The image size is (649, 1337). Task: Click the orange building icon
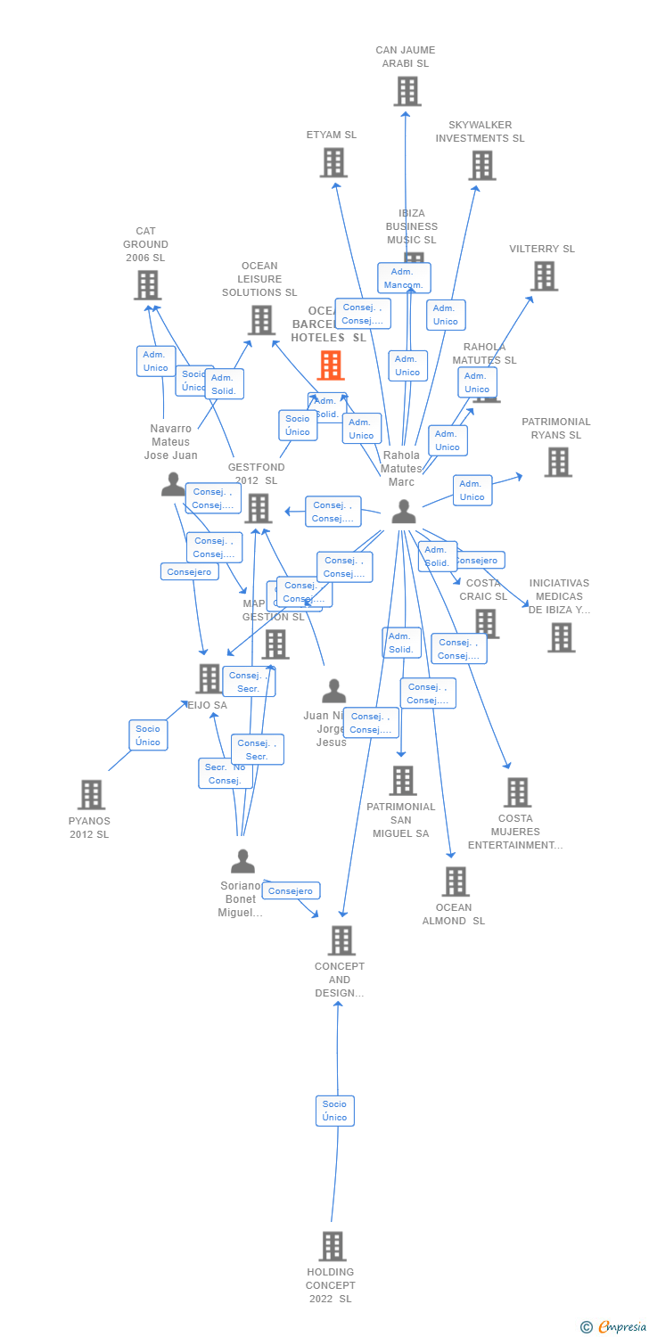pyautogui.click(x=331, y=365)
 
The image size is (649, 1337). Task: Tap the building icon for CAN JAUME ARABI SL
pyautogui.click(x=407, y=92)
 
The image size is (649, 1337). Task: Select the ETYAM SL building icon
pyautogui.click(x=333, y=163)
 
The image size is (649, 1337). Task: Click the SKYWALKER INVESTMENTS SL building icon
pyautogui.click(x=482, y=166)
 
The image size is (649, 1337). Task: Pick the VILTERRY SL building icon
pyautogui.click(x=545, y=276)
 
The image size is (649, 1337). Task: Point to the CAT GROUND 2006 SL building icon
pyautogui.click(x=148, y=285)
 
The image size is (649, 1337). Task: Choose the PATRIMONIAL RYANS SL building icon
pyautogui.click(x=558, y=463)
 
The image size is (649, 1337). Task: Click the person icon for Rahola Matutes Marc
pyautogui.click(x=404, y=512)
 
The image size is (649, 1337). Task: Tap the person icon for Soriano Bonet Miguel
pyautogui.click(x=242, y=861)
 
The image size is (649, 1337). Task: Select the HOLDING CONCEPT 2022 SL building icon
pyautogui.click(x=333, y=1246)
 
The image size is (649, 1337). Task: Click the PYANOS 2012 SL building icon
pyautogui.click(x=91, y=794)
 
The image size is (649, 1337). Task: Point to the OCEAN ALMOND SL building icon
pyautogui.click(x=456, y=882)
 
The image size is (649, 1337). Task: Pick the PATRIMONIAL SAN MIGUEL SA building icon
pyautogui.click(x=403, y=781)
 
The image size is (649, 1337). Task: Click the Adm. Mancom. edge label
pyautogui.click(x=404, y=278)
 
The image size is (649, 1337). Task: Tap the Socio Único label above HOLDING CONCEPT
pyautogui.click(x=335, y=1111)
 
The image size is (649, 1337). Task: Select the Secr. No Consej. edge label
pyautogui.click(x=225, y=774)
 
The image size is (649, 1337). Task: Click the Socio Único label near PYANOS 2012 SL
pyautogui.click(x=148, y=735)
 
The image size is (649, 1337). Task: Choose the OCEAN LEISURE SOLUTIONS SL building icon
pyautogui.click(x=261, y=320)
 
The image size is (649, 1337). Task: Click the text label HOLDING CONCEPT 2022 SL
pyautogui.click(x=331, y=1285)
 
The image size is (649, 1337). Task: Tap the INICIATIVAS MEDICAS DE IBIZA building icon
pyautogui.click(x=562, y=638)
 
